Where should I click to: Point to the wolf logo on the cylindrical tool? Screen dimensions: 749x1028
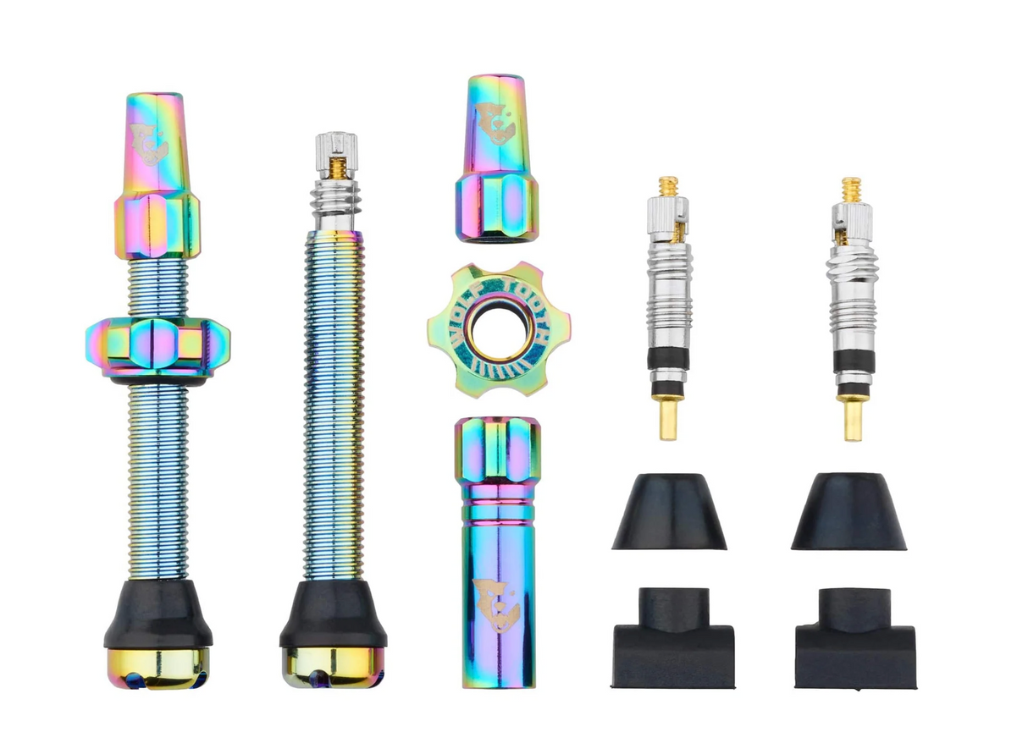click(496, 603)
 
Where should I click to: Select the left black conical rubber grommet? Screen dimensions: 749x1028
click(669, 512)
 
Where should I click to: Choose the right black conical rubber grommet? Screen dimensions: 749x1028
click(848, 512)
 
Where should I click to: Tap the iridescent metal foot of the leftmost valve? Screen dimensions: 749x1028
click(158, 668)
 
